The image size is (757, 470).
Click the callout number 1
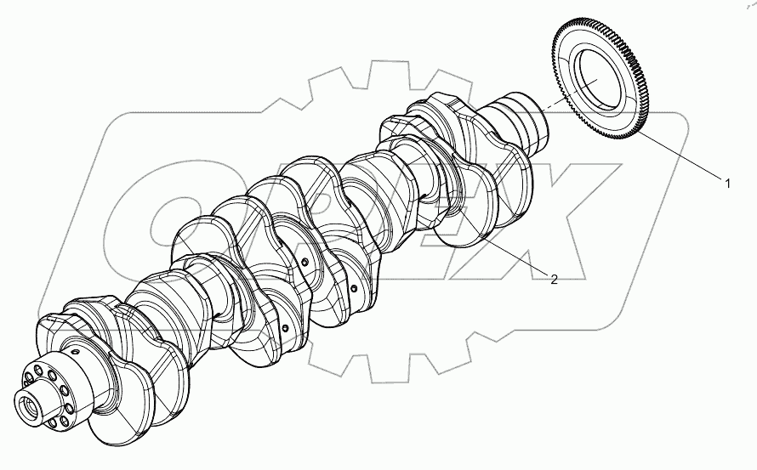(727, 181)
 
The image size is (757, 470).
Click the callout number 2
(554, 280)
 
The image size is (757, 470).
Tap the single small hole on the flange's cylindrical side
(75, 352)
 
